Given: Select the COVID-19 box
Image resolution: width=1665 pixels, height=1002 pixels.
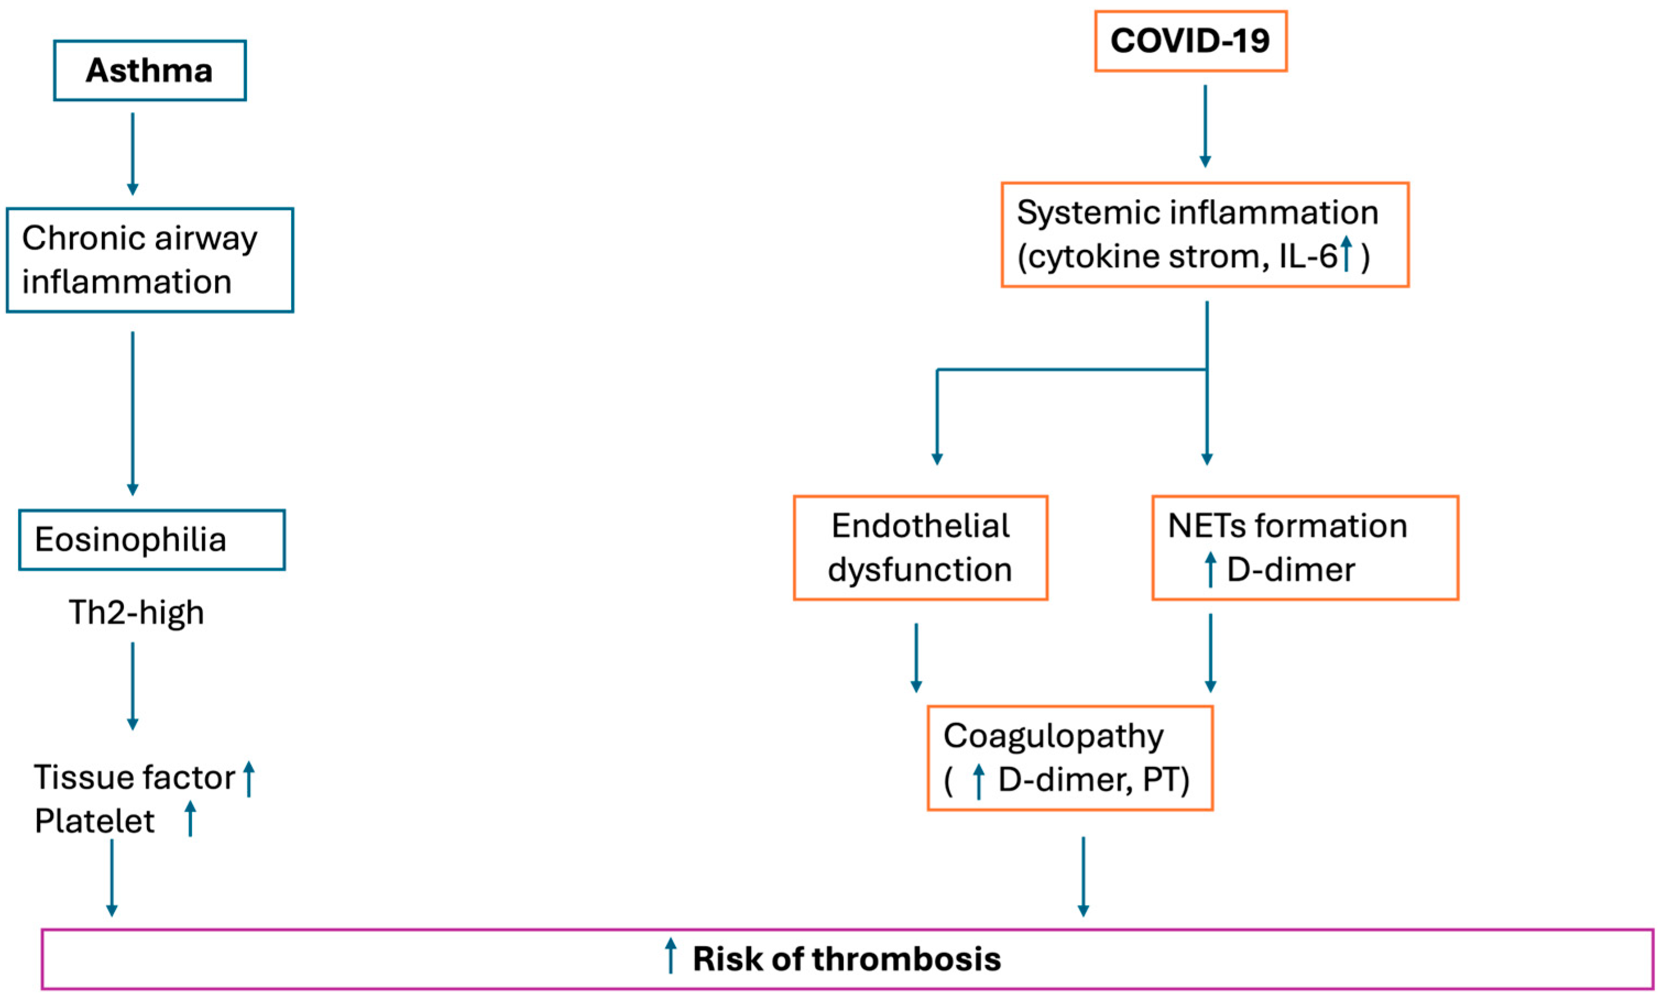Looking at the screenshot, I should pyautogui.click(x=1190, y=41).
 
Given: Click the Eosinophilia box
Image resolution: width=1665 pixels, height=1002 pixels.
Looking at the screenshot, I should pyautogui.click(x=151, y=539).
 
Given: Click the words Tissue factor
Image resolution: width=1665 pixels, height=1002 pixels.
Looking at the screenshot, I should pyautogui.click(x=134, y=777).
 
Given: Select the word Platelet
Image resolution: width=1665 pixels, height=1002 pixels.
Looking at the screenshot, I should pyautogui.click(x=95, y=821).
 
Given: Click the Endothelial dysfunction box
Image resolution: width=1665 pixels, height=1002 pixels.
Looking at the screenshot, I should pyautogui.click(x=920, y=548).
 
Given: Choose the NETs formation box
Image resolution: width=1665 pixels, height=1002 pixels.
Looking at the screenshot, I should pyautogui.click(x=1305, y=548).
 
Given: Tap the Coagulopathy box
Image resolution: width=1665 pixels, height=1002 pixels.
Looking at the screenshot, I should pyautogui.click(x=1070, y=758).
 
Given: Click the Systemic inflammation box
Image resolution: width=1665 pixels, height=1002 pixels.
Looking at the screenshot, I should pyautogui.click(x=1204, y=234).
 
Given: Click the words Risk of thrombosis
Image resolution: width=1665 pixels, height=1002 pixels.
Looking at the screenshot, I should pyautogui.click(x=846, y=959).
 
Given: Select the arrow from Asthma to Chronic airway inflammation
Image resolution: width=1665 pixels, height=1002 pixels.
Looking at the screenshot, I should pyautogui.click(x=133, y=154).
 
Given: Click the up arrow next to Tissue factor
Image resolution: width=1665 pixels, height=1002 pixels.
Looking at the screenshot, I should pyautogui.click(x=249, y=779).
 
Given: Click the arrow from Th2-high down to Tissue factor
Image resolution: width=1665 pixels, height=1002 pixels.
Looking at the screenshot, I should pyautogui.click(x=133, y=685).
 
